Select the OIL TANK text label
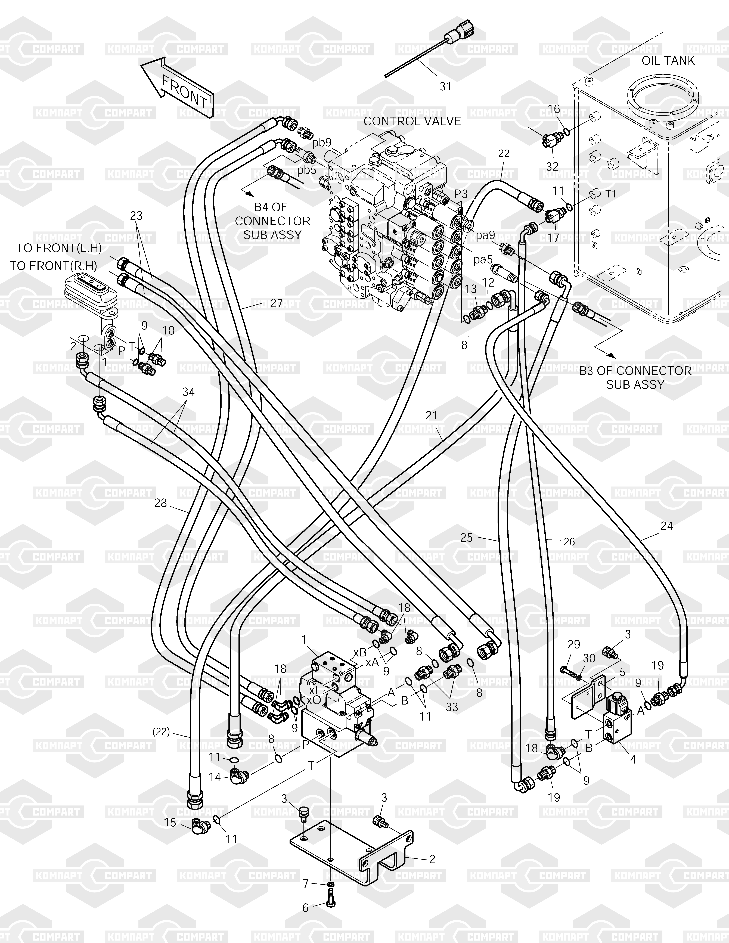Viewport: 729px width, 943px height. (x=668, y=60)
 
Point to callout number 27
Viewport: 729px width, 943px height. (x=276, y=303)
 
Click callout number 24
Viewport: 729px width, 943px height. (x=666, y=526)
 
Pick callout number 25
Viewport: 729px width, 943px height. (x=466, y=538)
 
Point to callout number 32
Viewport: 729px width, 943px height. (x=552, y=166)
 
